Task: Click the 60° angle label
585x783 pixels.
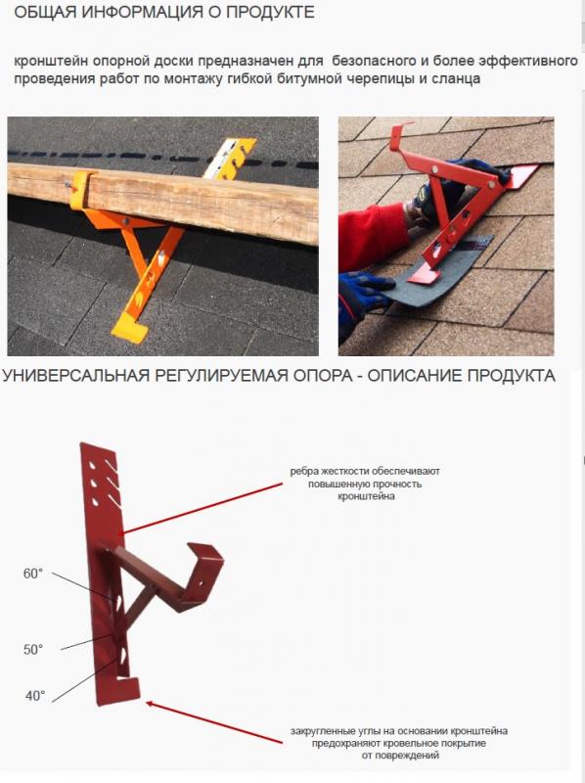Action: (x=33, y=574)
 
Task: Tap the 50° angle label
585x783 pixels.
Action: (x=33, y=650)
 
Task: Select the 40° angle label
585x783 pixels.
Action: (x=35, y=696)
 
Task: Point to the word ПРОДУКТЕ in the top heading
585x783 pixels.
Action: (x=270, y=12)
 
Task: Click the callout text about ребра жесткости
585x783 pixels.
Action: (x=365, y=484)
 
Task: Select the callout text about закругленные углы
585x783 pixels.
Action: (x=399, y=743)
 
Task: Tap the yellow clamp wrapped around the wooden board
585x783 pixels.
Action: (x=80, y=191)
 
